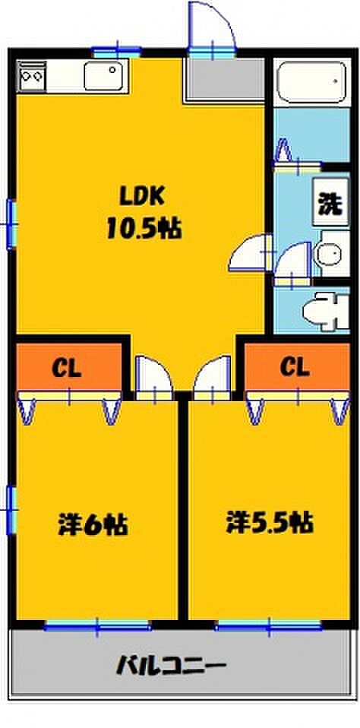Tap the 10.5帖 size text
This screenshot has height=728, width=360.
pos(144,229)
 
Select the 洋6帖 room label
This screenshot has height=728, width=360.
pos(93,525)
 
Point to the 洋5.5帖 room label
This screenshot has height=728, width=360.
pos(270,523)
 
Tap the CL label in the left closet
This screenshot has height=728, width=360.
pos(67,369)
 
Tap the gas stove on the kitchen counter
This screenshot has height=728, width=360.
pos(32,76)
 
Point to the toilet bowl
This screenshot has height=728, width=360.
pos(325,311)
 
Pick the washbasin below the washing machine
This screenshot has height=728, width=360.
pos(332,254)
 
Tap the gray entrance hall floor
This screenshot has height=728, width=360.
pos(226,79)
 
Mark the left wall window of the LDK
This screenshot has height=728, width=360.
pos(11,224)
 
